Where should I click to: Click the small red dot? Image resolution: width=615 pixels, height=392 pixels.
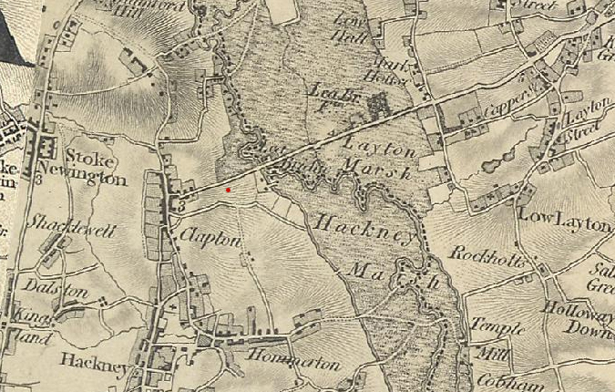(228, 190)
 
